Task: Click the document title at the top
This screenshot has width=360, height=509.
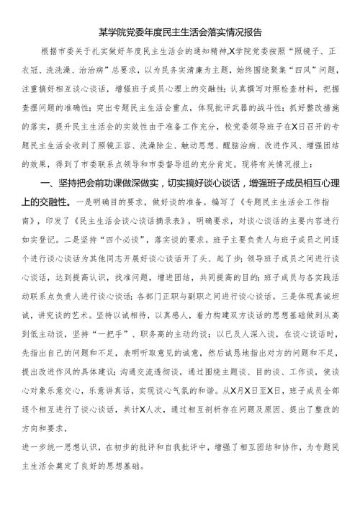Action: (x=180, y=32)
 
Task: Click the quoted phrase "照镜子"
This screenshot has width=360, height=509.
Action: (x=296, y=55)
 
